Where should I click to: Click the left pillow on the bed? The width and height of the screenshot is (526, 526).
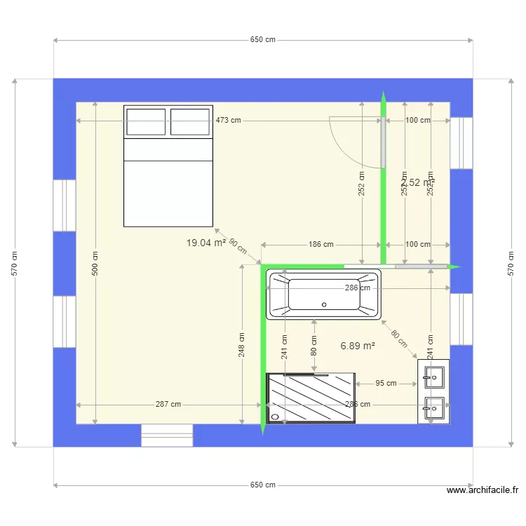click(146, 121)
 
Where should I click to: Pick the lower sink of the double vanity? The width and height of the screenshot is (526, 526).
click(433, 406)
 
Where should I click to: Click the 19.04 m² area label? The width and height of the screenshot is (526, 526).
click(205, 243)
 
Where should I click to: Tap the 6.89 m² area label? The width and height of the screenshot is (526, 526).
click(358, 346)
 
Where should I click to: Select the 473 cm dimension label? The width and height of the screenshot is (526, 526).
click(228, 120)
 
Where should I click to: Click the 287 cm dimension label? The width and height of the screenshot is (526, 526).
click(168, 404)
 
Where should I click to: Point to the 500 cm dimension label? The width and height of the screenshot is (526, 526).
click(95, 263)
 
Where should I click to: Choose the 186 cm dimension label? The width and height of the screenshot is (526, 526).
click(321, 245)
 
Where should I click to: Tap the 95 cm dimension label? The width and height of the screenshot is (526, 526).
click(386, 383)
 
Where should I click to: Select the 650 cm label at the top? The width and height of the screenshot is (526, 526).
click(262, 40)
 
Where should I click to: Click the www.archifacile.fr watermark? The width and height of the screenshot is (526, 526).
click(482, 491)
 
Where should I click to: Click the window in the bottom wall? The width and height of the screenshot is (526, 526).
click(167, 435)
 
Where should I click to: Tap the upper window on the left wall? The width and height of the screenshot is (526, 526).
click(65, 205)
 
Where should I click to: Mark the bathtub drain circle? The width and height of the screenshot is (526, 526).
click(324, 304)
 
